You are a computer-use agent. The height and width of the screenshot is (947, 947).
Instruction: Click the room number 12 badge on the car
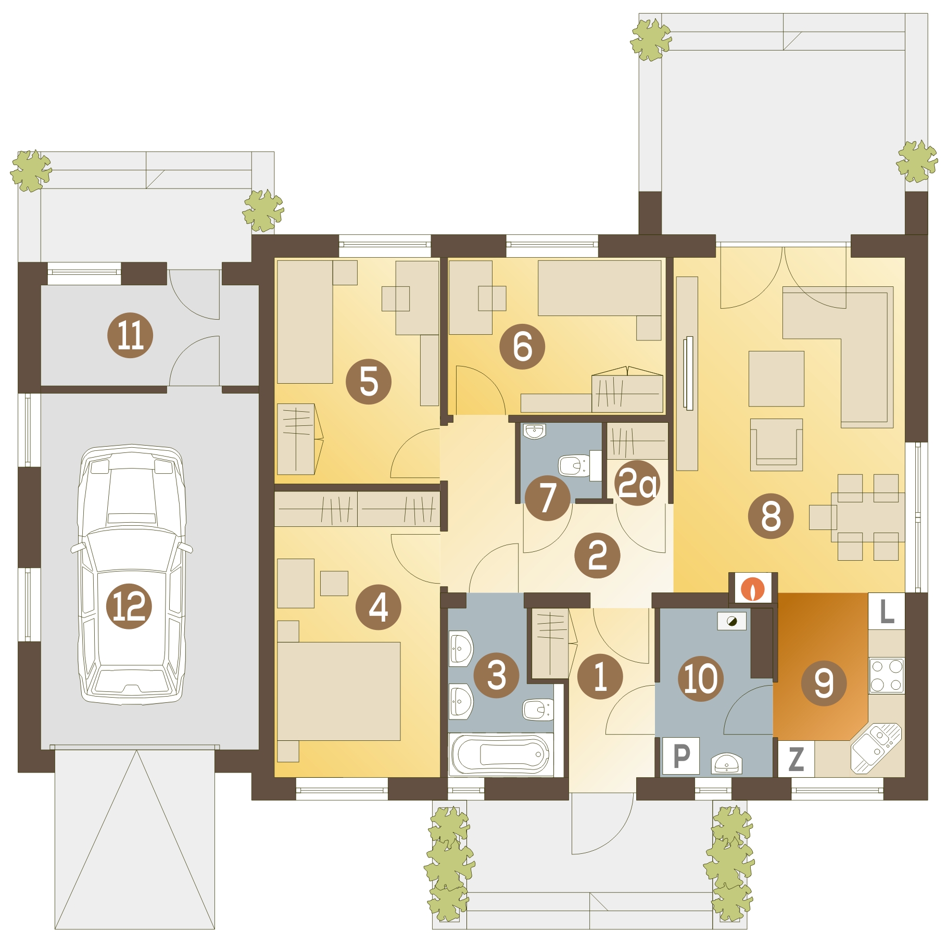tap(129, 607)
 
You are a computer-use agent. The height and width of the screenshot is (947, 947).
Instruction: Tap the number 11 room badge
tap(130, 335)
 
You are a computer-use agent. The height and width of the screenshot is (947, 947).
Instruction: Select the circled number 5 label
tap(369, 382)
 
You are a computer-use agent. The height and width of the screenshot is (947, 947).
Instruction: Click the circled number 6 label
tap(522, 347)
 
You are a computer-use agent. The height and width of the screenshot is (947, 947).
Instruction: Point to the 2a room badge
tap(637, 483)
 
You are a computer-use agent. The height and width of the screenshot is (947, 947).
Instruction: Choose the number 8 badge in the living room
tap(771, 516)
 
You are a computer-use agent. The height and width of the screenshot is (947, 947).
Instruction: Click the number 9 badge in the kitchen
tap(824, 683)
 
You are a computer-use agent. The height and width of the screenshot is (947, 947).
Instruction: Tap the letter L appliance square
tap(887, 611)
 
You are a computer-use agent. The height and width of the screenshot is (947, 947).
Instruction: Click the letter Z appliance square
tap(796, 759)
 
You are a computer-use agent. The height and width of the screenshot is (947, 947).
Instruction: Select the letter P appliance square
tap(681, 756)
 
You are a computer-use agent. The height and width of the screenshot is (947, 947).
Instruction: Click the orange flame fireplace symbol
tap(753, 588)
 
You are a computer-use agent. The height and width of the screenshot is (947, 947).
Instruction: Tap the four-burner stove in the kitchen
tap(887, 675)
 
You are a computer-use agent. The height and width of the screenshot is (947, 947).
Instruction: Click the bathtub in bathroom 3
tap(501, 754)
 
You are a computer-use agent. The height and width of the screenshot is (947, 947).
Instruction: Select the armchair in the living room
tap(776, 445)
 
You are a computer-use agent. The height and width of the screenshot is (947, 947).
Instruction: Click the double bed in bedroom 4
tap(339, 691)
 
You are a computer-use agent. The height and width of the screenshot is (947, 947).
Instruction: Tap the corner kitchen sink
tap(876, 749)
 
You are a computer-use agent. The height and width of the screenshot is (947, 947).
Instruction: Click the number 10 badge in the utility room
tap(701, 678)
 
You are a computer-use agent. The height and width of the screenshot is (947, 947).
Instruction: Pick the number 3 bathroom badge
tap(497, 675)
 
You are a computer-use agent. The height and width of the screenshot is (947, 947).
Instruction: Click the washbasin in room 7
tap(534, 432)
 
